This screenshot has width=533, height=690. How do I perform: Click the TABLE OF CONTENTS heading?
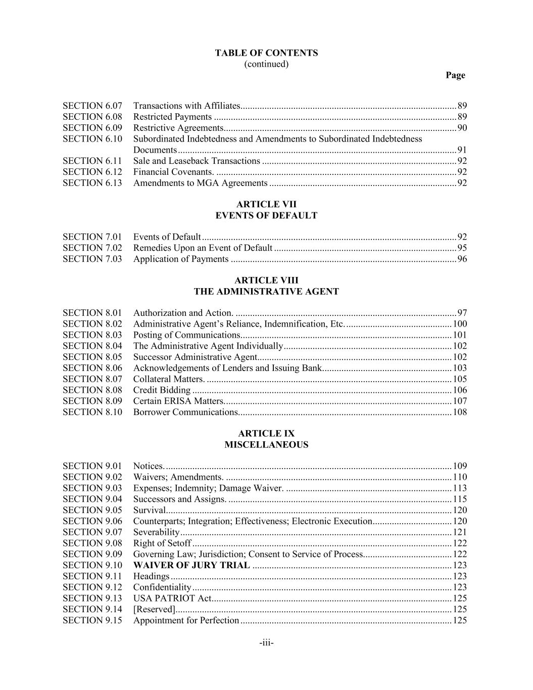[x=266, y=53]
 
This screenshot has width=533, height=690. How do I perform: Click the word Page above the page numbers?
[x=455, y=75]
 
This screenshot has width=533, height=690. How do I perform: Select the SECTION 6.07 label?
[x=92, y=106]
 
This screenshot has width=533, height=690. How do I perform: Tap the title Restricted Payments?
[x=172, y=117]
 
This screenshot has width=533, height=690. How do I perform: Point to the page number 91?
[x=462, y=150]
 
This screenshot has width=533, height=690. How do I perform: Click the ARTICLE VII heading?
[x=266, y=204]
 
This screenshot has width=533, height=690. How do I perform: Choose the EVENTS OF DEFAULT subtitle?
[x=266, y=215]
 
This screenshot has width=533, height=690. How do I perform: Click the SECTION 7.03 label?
[x=92, y=259]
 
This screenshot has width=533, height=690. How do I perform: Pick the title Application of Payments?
[x=181, y=259]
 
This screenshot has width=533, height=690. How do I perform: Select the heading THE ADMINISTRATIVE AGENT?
[x=266, y=292]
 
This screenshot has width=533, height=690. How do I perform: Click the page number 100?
[x=460, y=324]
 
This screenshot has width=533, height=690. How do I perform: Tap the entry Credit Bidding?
[x=162, y=390]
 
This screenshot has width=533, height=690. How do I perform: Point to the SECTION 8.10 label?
[x=92, y=412]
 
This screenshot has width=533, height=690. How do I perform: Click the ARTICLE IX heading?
[x=266, y=434]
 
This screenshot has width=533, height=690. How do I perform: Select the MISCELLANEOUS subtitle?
[x=266, y=445]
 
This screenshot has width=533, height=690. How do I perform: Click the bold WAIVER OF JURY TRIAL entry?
[x=191, y=565]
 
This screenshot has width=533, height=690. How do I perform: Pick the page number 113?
[x=460, y=488]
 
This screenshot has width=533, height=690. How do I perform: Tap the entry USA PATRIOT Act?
[x=172, y=598]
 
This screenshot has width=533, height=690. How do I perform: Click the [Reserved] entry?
[x=154, y=609]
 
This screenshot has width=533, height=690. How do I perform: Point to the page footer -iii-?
[x=266, y=643]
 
